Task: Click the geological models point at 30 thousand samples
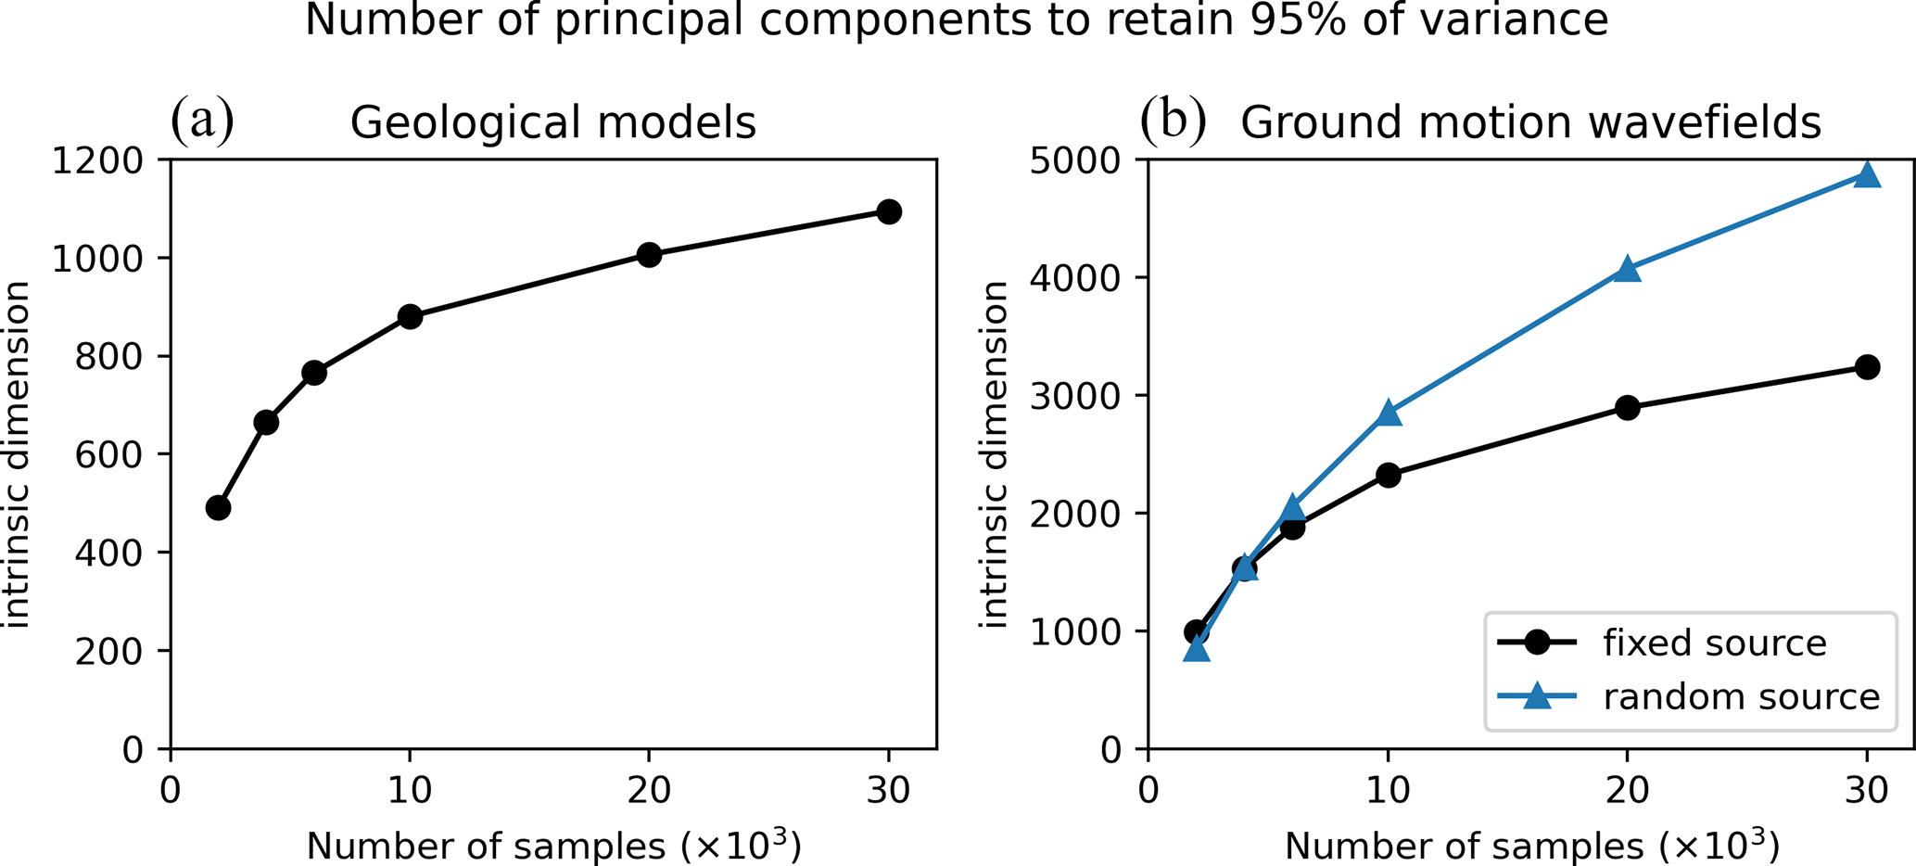coord(888,211)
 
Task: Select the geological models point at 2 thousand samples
coord(218,507)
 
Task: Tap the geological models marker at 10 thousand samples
coord(410,316)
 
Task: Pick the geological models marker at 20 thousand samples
coord(649,255)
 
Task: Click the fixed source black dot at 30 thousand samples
coord(1867,366)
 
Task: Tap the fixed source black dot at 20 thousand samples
coord(1627,407)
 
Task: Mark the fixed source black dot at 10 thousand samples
coord(1388,475)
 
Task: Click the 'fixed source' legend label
coord(1714,643)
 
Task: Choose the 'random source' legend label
coord(1741,696)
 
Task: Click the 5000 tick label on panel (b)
coord(1075,160)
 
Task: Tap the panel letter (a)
coord(202,121)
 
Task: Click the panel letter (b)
coord(1173,121)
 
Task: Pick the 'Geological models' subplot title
coord(552,123)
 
